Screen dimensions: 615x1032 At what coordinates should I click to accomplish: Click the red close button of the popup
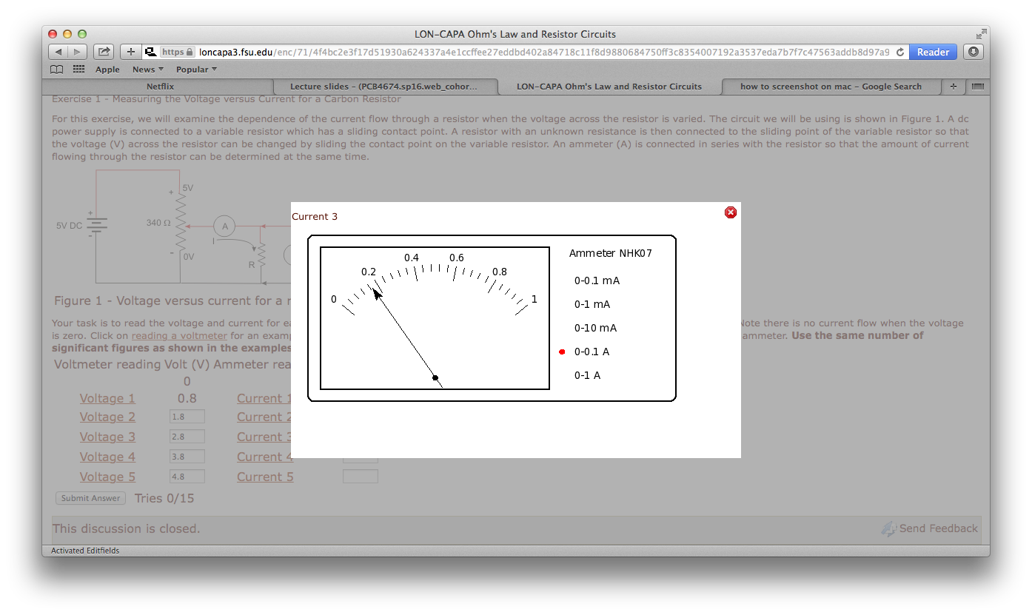pyautogui.click(x=731, y=212)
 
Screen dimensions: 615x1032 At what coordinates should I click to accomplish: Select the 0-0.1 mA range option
pyautogui.click(x=597, y=280)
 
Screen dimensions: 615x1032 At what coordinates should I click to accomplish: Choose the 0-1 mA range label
pyautogui.click(x=592, y=304)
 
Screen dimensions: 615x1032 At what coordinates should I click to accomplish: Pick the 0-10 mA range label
pyautogui.click(x=595, y=328)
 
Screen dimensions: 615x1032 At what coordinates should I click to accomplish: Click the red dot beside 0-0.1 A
pyautogui.click(x=562, y=352)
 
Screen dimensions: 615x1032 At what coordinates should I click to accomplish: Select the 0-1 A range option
pyautogui.click(x=587, y=375)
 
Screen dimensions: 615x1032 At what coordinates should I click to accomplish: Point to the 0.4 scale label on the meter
pyautogui.click(x=412, y=258)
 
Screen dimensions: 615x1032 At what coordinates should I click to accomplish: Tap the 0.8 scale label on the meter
pyautogui.click(x=500, y=272)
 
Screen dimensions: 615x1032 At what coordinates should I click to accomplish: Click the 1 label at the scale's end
pyautogui.click(x=535, y=299)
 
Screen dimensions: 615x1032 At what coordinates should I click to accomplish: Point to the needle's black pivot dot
pyautogui.click(x=435, y=378)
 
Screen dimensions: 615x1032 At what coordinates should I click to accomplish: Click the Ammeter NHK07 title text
pyautogui.click(x=610, y=253)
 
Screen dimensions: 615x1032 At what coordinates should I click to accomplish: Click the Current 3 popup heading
pyautogui.click(x=315, y=216)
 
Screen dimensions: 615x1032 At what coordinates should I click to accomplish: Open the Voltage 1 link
pyautogui.click(x=107, y=398)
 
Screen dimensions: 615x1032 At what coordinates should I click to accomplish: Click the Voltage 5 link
pyautogui.click(x=107, y=477)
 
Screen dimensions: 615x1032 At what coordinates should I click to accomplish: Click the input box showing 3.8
pyautogui.click(x=187, y=457)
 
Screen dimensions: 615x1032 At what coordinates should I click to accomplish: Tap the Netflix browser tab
pyautogui.click(x=160, y=87)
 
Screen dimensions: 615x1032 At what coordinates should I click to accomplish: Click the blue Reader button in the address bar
pyautogui.click(x=933, y=52)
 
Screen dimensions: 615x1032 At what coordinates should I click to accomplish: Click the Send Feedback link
pyautogui.click(x=938, y=528)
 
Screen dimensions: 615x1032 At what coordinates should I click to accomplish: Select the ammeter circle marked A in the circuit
pyautogui.click(x=224, y=226)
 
